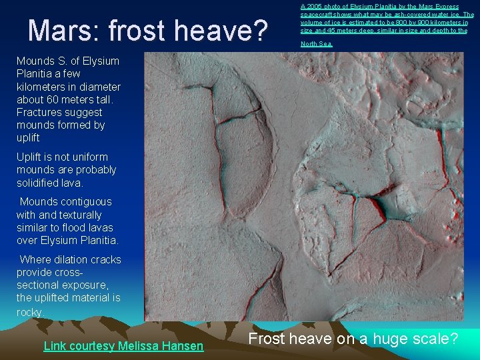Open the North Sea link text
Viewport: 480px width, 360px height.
pos(316,44)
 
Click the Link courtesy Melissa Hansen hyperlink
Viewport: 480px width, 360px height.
pos(123,345)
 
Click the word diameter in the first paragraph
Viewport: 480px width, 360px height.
pos(98,87)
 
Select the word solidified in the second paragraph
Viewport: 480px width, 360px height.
pos(39,183)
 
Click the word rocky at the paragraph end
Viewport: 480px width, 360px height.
pos(29,311)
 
